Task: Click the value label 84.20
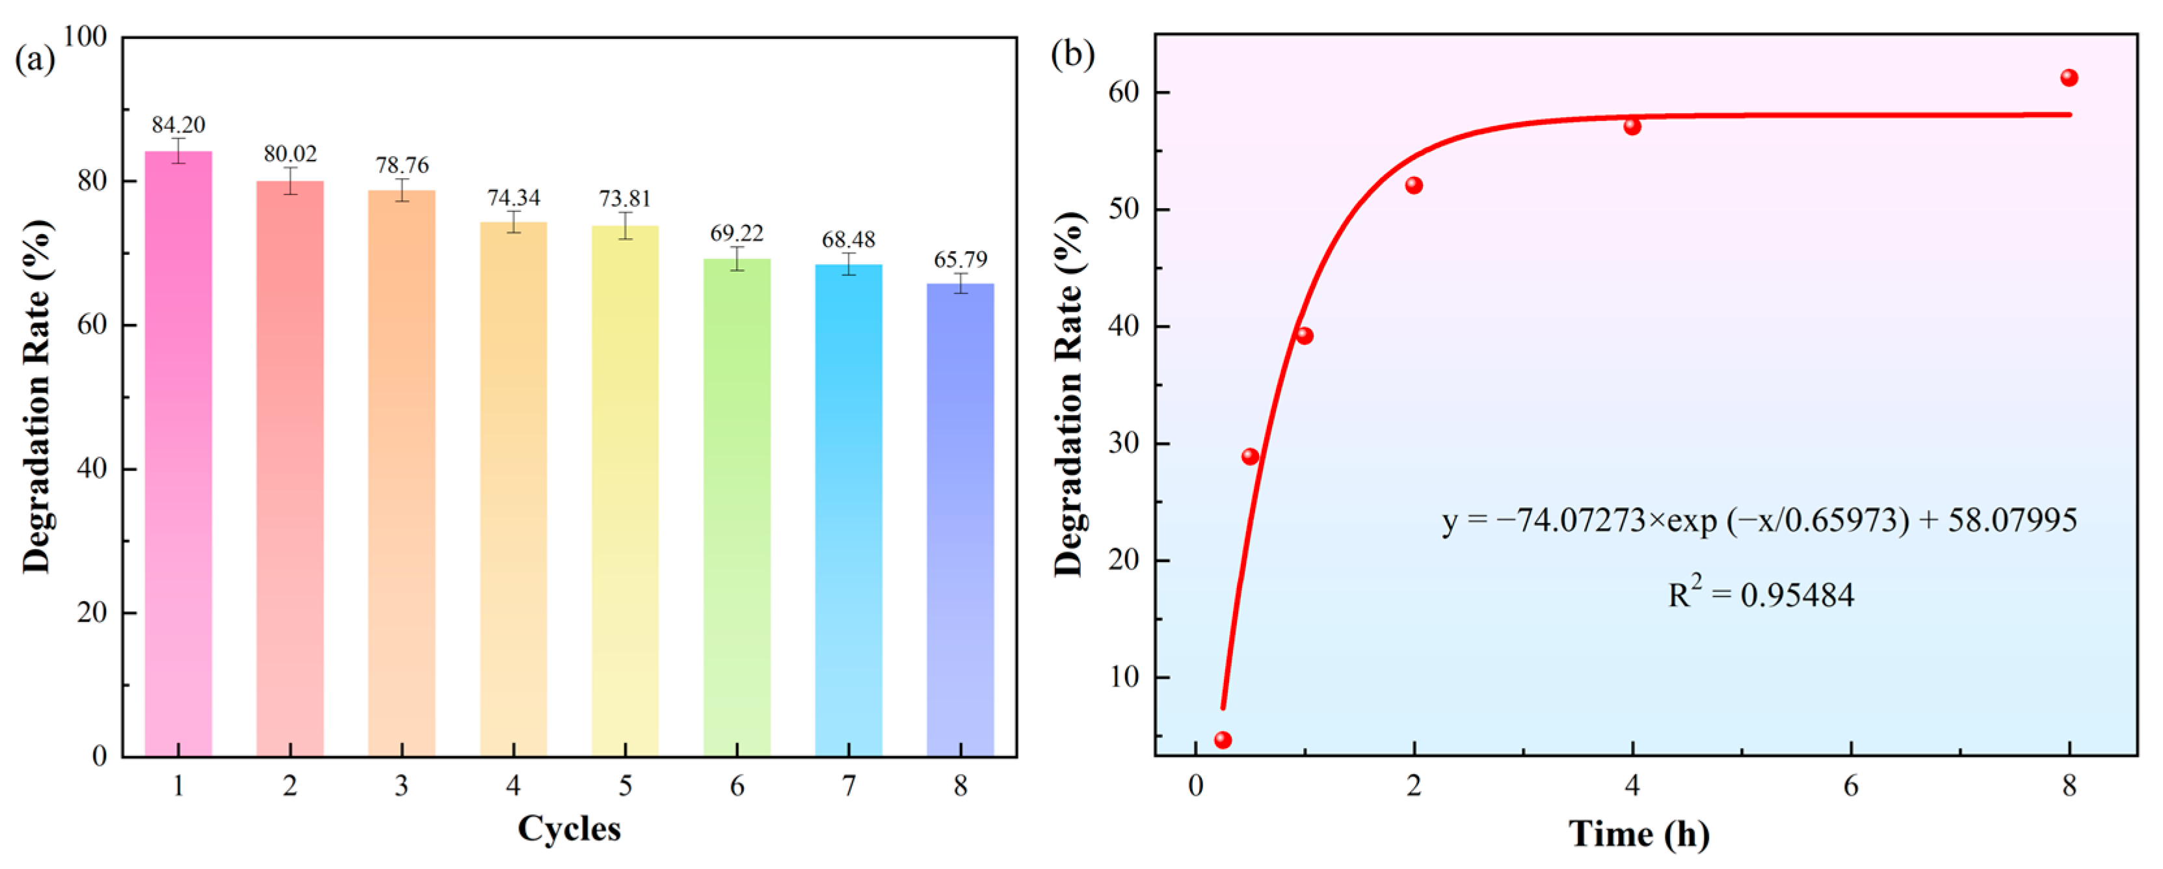[178, 125]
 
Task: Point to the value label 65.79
[961, 260]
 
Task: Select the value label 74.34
[513, 198]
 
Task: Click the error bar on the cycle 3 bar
[401, 190]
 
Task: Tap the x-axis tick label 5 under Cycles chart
[625, 786]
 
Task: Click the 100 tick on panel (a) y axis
[86, 37]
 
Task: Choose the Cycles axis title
[568, 829]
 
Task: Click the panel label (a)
[35, 60]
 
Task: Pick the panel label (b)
[1072, 55]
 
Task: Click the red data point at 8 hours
[2069, 78]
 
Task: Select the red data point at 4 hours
[1632, 127]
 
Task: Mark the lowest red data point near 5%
[1223, 740]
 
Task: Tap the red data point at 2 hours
[1414, 185]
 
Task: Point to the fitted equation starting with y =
[1759, 520]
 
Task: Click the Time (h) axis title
[1638, 835]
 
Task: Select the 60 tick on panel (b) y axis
[1127, 92]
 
